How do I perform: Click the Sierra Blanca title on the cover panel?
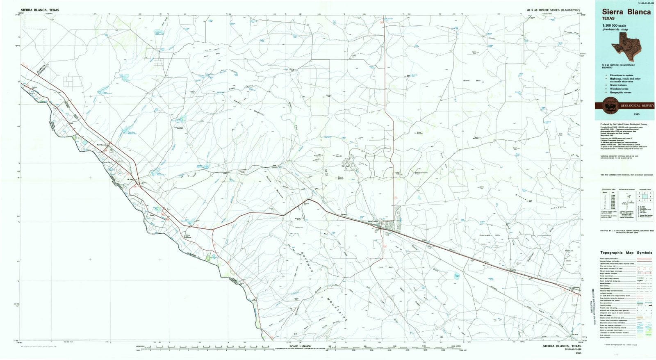[x=626, y=12]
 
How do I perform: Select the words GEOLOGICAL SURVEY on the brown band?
[x=637, y=106]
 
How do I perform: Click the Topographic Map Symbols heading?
[x=626, y=253]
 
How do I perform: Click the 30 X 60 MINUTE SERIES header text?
[x=553, y=9]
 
